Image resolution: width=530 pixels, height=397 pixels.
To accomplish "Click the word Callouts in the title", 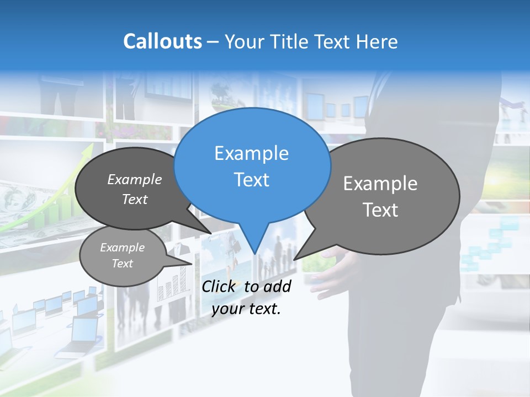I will click(x=162, y=41).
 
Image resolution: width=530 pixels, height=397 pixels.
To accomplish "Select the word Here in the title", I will click(x=378, y=41).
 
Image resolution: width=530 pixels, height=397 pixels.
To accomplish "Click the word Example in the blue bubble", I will click(x=251, y=153).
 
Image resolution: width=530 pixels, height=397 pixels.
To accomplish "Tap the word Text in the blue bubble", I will click(x=251, y=180).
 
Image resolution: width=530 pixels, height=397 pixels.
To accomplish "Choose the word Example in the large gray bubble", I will click(x=380, y=184).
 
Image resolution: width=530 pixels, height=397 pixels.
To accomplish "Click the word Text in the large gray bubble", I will click(x=380, y=210).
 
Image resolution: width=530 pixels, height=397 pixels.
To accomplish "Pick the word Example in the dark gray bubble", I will click(x=135, y=179).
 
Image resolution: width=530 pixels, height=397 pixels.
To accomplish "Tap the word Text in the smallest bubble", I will click(x=122, y=264).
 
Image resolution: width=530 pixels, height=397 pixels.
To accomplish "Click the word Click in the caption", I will click(x=219, y=286).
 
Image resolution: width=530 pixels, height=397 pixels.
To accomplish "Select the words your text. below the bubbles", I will click(x=246, y=309).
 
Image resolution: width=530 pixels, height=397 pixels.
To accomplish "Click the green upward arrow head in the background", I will click(x=88, y=150).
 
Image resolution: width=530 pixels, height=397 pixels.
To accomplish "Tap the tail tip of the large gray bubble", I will click(x=295, y=259).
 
